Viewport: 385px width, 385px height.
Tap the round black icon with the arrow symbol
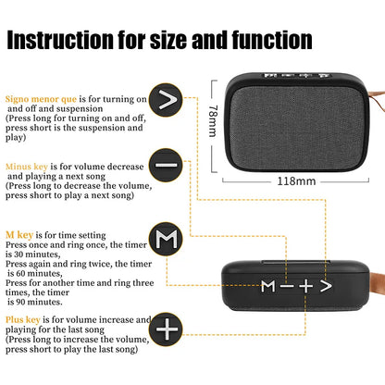167,99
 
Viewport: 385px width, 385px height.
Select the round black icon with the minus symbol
167,164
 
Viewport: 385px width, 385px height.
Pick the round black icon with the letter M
167,242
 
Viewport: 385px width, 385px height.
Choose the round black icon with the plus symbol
167,329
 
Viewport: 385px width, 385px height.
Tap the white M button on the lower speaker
267,285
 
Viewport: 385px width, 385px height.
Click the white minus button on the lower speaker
288,285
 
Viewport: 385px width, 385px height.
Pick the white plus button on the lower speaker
305,285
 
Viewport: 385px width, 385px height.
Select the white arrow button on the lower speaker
325,285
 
